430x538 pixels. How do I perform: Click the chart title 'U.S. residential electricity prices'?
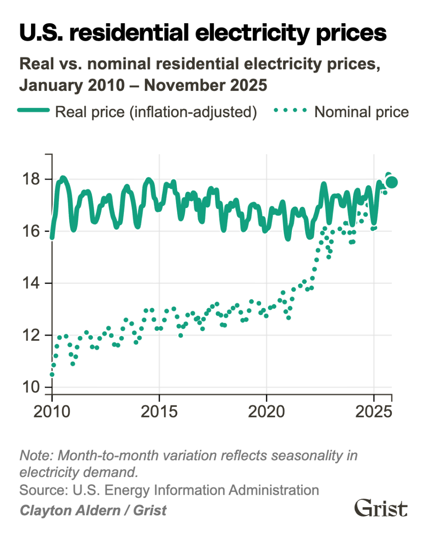coord(203,33)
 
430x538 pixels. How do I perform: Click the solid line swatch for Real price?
coord(34,111)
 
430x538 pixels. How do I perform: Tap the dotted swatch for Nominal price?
coord(290,111)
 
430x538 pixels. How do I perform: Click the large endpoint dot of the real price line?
coord(391,182)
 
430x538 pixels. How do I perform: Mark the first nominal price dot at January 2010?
coord(52,374)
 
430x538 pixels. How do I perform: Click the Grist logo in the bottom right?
coord(381,509)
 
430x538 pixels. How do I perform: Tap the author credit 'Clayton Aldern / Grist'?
coord(93,510)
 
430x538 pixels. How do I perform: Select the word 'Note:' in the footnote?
coord(37,456)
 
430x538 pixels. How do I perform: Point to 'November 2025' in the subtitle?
coord(205,85)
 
